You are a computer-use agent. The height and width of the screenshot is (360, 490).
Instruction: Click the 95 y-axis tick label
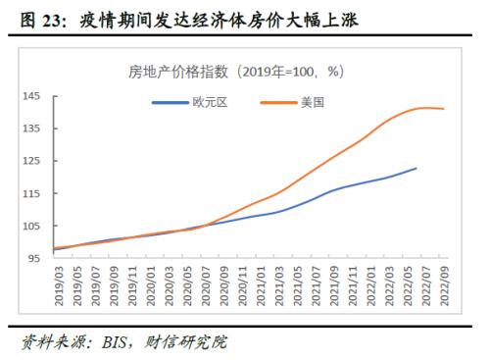32,258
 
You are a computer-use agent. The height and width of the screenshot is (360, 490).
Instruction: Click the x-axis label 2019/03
58,288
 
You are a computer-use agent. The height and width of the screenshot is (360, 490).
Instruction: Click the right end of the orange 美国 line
444,109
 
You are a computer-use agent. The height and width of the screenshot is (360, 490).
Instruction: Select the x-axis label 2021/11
353,288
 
